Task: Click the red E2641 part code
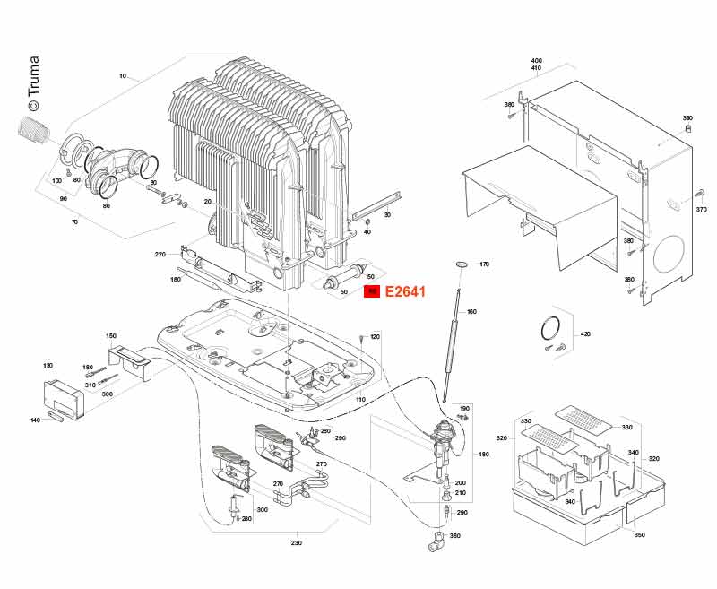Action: (x=403, y=291)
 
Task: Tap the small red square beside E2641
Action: (x=371, y=291)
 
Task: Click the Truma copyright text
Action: (x=33, y=77)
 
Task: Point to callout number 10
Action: (x=122, y=76)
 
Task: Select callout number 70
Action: (x=74, y=221)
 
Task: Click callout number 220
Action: (x=160, y=255)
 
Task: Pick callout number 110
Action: (x=360, y=399)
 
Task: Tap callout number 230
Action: (x=297, y=542)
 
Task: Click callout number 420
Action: (x=585, y=334)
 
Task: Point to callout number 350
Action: (x=639, y=534)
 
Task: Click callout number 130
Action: (x=48, y=366)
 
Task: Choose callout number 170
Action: (x=484, y=265)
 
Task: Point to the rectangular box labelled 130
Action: (x=64, y=397)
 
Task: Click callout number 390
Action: (x=687, y=118)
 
